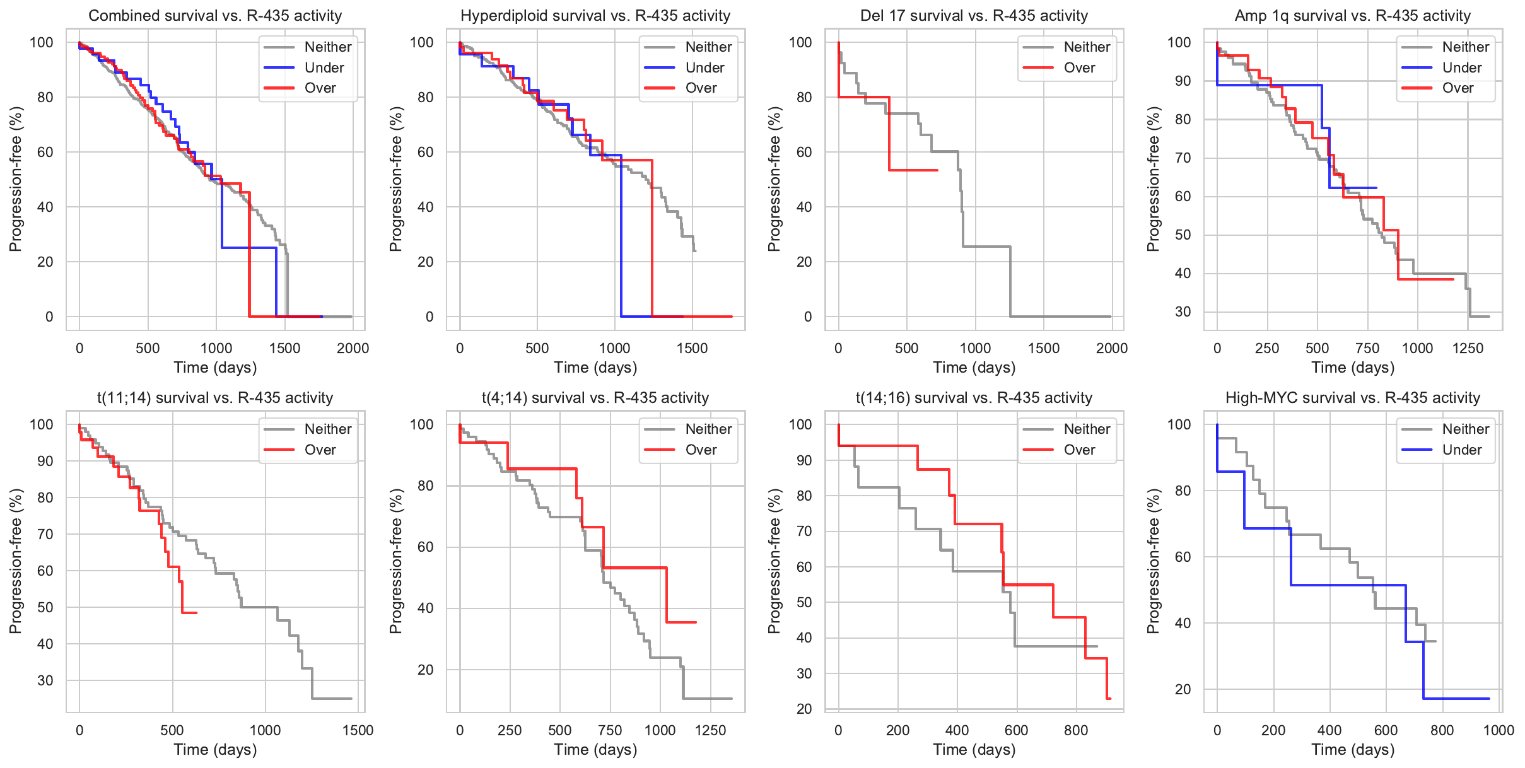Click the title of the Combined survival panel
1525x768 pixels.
(x=215, y=16)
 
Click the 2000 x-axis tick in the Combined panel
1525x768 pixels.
(x=353, y=348)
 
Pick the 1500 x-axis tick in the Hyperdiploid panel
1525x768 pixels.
(x=692, y=348)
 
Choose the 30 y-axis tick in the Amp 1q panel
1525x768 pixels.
(x=1183, y=311)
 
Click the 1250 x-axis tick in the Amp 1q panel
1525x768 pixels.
(x=1468, y=348)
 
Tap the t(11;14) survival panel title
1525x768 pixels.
(x=215, y=398)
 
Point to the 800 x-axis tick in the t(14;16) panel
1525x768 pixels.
(x=1076, y=730)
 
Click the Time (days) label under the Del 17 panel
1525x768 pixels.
(x=974, y=368)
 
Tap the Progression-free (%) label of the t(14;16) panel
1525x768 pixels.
(x=774, y=561)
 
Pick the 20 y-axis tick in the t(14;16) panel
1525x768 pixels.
(x=805, y=709)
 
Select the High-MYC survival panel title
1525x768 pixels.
(x=1353, y=398)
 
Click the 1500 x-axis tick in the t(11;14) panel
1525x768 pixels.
(x=358, y=730)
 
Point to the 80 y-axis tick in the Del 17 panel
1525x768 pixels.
(x=805, y=97)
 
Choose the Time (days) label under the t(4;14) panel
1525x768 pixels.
(x=595, y=750)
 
